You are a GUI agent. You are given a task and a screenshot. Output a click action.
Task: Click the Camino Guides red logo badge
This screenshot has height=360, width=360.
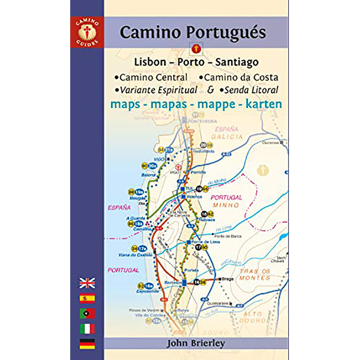(x=87, y=32)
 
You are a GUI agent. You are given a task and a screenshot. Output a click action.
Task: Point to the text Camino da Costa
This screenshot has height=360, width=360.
(x=241, y=77)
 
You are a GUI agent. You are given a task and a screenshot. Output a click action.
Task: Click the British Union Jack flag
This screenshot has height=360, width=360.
(x=87, y=283)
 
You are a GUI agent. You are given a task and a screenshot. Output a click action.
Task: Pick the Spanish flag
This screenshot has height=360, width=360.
(x=87, y=298)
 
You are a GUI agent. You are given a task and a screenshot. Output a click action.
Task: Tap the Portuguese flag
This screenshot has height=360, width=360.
(x=87, y=313)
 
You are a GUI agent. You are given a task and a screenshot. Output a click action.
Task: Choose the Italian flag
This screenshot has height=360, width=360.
(x=87, y=328)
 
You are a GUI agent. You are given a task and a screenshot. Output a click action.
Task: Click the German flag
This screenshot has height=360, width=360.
(x=87, y=344)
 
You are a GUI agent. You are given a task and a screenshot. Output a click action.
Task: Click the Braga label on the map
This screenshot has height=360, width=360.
(x=228, y=279)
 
